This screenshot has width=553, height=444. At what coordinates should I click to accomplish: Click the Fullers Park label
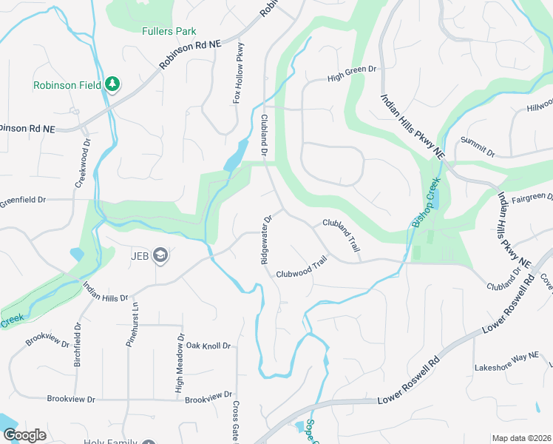pyautogui.click(x=169, y=31)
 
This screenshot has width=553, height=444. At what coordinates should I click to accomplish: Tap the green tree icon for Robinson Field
pyautogui.click(x=112, y=84)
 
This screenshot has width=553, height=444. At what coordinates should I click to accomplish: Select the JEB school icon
pyautogui.click(x=161, y=256)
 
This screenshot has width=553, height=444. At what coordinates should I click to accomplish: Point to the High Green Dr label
pyautogui.click(x=353, y=73)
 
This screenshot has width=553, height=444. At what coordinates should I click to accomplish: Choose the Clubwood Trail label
pyautogui.click(x=302, y=268)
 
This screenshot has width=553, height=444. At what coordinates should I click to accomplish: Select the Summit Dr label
pyautogui.click(x=477, y=147)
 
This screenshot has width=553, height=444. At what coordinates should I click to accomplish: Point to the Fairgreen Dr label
pyautogui.click(x=532, y=198)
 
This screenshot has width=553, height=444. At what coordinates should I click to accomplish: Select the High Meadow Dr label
pyautogui.click(x=179, y=362)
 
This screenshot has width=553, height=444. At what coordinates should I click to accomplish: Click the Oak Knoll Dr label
pyautogui.click(x=208, y=346)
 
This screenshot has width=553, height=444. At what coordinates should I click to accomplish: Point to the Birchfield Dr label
pyautogui.click(x=76, y=345)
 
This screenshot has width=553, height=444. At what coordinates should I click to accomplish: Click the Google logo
pyautogui.click(x=24, y=435)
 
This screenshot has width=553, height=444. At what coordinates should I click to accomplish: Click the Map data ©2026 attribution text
pyautogui.click(x=520, y=438)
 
